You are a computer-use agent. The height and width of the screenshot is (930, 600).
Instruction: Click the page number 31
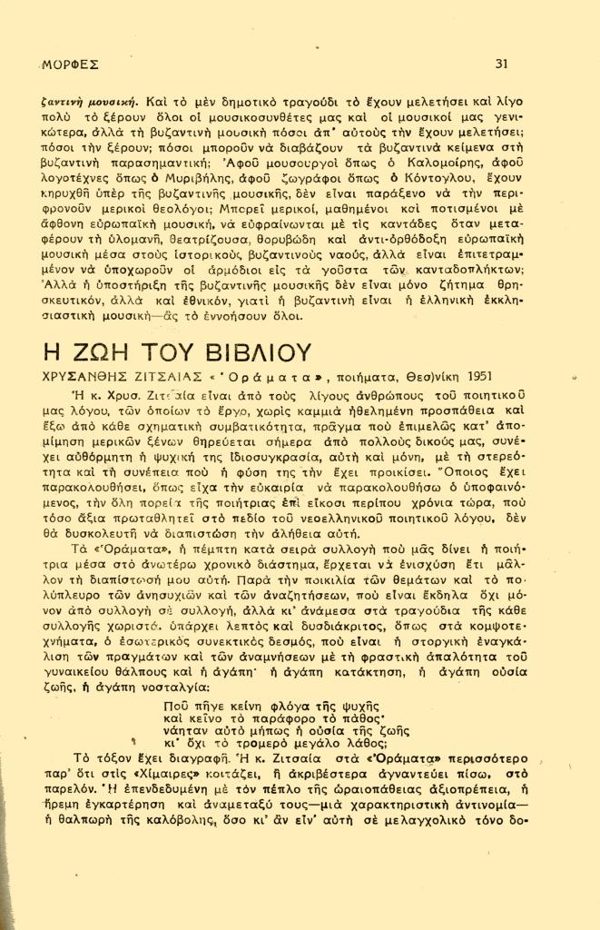(x=502, y=63)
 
